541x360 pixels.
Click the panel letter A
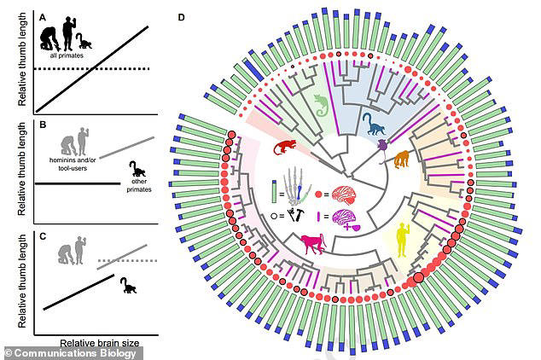point(43,18)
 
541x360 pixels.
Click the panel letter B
point(43,125)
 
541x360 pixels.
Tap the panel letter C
point(43,236)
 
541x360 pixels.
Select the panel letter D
point(181,17)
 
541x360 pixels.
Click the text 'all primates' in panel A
point(67,55)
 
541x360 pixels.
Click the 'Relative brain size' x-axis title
point(100,343)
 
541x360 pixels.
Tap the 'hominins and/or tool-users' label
point(73,164)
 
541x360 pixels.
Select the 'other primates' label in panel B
point(139,185)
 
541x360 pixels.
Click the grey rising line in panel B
point(126,148)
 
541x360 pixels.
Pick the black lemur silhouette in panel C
point(128,286)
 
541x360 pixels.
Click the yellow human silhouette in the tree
point(402,240)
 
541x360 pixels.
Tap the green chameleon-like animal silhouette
point(322,105)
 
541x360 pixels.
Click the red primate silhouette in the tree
point(285,147)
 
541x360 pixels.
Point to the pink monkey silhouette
point(313,243)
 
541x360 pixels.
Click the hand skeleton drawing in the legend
point(296,187)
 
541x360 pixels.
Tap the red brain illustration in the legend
point(344,195)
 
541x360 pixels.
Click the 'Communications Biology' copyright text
point(71,353)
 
